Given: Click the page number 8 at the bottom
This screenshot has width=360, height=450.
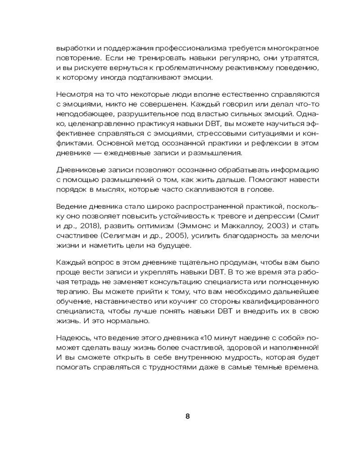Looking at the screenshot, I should [x=188, y=416].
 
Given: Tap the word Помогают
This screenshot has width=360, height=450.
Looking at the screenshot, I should [x=277, y=180].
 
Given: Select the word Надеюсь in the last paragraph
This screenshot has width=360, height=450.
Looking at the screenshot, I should [x=72, y=338].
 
